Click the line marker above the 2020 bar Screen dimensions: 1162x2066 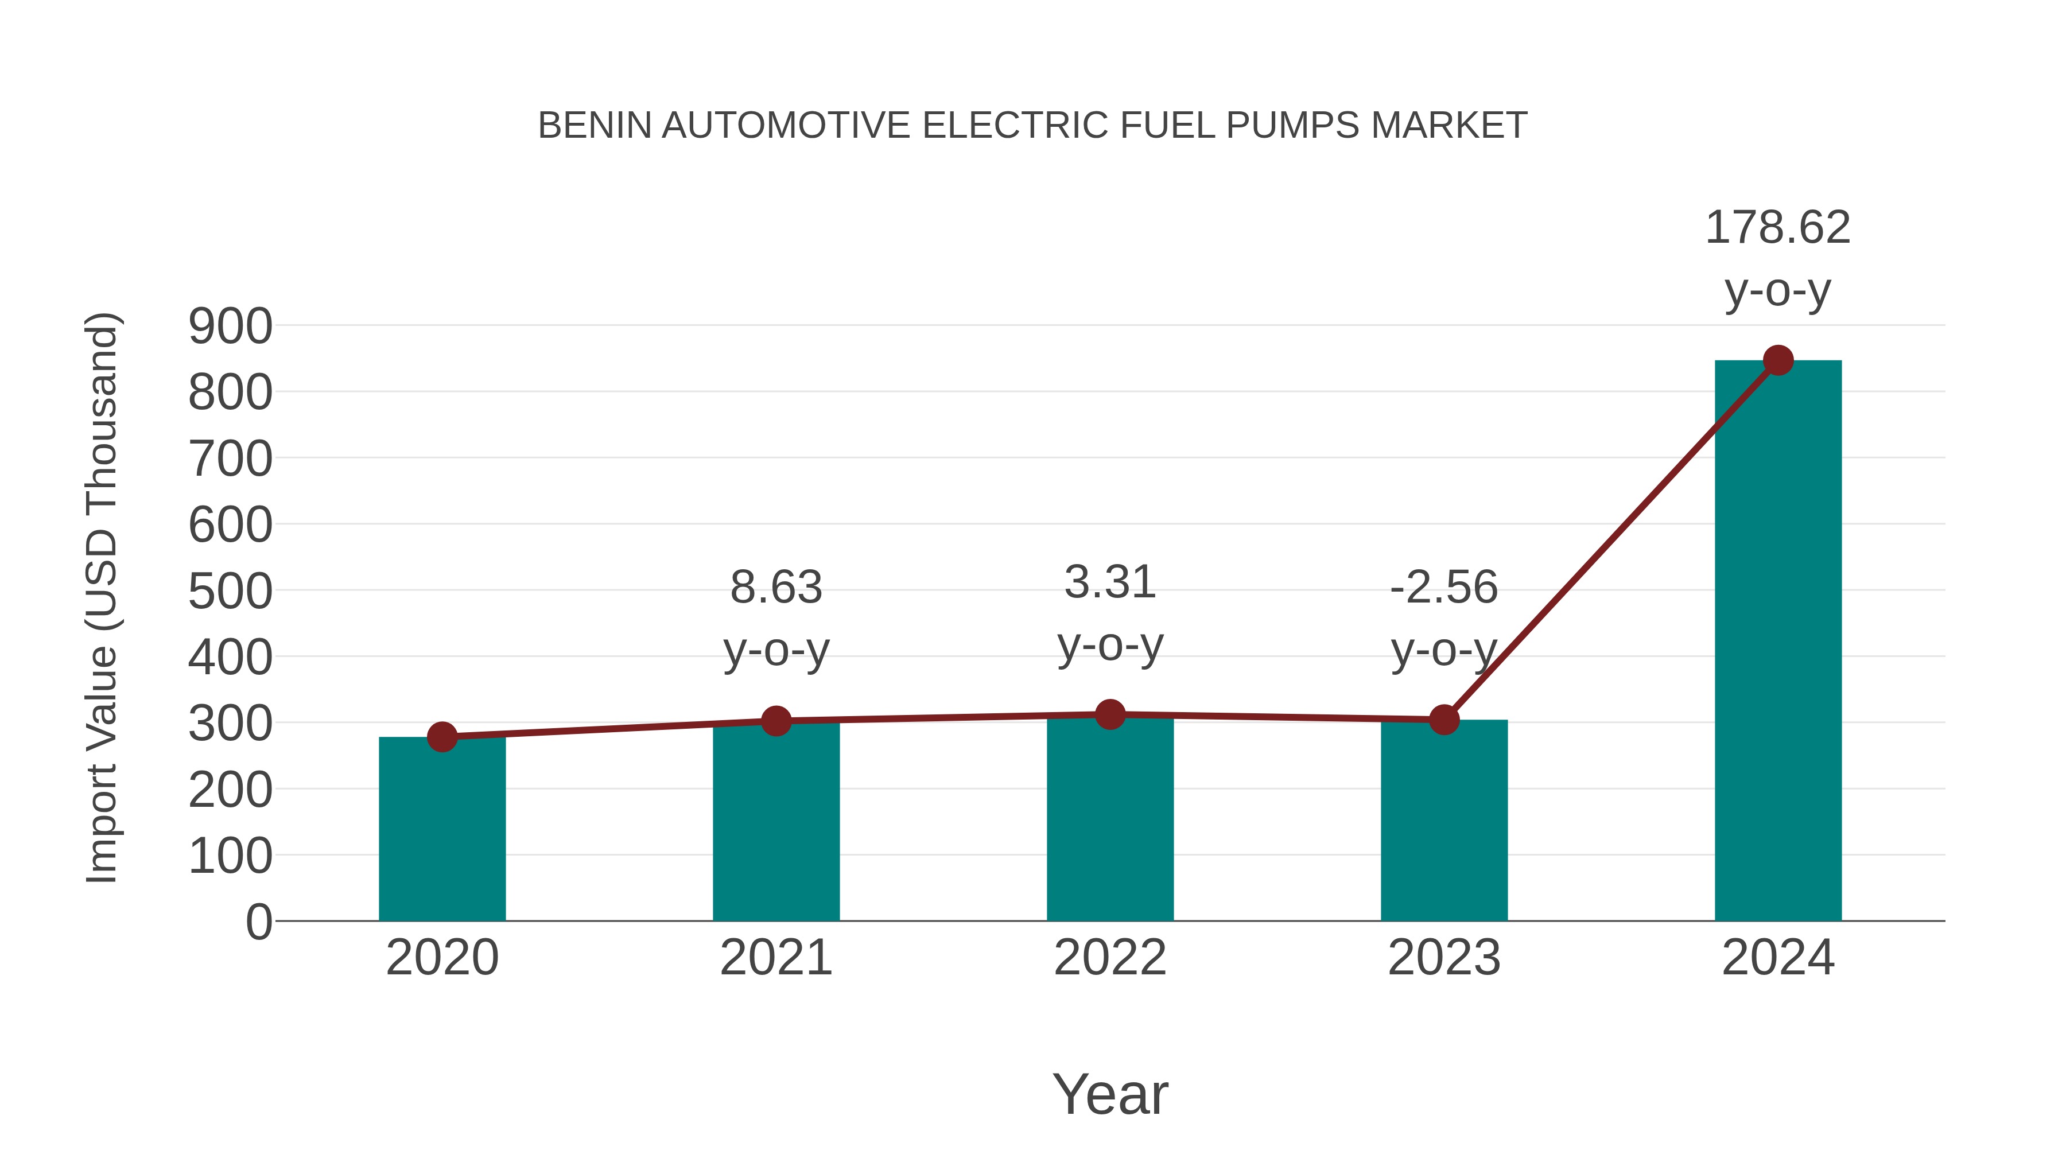(x=442, y=736)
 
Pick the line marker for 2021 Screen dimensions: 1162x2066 (x=775, y=721)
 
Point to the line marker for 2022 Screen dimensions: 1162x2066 (x=1110, y=714)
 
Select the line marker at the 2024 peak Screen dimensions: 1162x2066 (x=1778, y=360)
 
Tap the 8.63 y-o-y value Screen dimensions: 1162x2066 (x=775, y=587)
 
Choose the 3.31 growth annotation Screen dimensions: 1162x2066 (x=1110, y=582)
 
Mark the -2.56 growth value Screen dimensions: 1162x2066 (x=1444, y=587)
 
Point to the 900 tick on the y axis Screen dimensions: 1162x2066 (x=230, y=327)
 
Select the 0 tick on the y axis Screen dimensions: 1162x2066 (x=258, y=922)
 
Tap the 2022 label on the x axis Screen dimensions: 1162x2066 (x=1110, y=958)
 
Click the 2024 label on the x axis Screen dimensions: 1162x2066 (x=1777, y=958)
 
